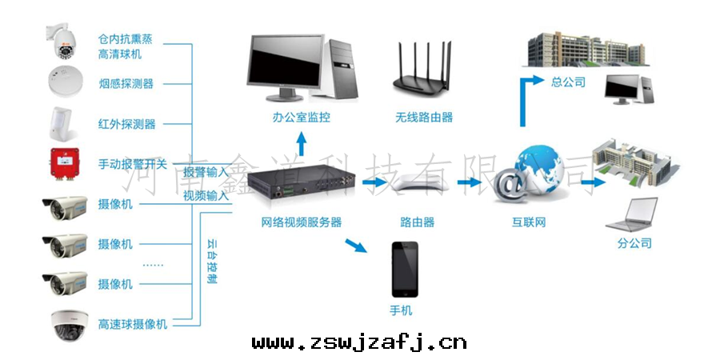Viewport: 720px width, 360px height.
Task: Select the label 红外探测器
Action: click(x=126, y=124)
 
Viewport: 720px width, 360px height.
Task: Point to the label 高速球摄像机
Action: click(x=132, y=324)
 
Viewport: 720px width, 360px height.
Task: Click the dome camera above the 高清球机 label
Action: click(x=63, y=43)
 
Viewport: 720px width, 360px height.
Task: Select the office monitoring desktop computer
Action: click(x=300, y=68)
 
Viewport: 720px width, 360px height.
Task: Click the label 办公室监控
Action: click(x=301, y=118)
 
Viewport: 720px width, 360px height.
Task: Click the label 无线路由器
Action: click(x=423, y=118)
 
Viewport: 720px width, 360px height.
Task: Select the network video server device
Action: click(x=301, y=185)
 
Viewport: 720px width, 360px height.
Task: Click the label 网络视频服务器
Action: click(x=301, y=222)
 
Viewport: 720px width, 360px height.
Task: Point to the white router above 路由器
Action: click(x=418, y=185)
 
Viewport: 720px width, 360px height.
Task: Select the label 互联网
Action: click(x=529, y=222)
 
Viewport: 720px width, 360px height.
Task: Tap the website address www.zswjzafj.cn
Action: click(x=359, y=343)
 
